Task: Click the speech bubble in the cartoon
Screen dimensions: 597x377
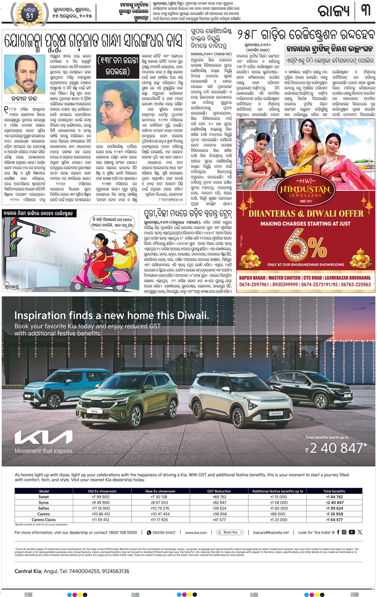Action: pos(112,222)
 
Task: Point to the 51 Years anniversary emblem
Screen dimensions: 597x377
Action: pos(30,15)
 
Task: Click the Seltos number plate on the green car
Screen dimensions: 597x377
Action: pos(94,411)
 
